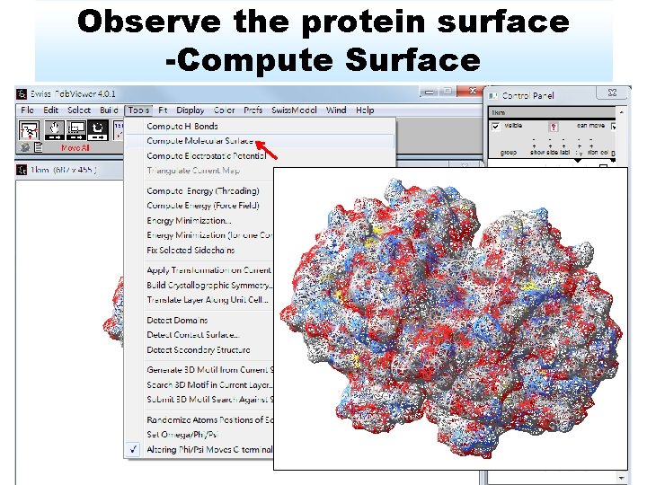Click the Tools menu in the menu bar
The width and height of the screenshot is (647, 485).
138,110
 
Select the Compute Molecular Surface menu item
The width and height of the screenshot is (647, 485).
200,141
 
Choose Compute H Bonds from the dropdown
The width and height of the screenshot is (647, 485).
182,127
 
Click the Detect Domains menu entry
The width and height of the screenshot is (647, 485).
177,321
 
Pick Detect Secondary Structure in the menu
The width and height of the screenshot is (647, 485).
199,350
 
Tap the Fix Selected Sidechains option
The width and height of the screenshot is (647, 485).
191,250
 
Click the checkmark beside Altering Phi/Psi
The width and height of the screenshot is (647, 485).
133,449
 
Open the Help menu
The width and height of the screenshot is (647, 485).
365,110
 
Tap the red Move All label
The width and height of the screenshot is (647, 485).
75,148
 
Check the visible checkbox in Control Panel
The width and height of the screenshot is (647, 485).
496,126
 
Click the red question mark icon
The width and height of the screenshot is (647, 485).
554,128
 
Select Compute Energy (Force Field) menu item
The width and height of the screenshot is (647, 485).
202,206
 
